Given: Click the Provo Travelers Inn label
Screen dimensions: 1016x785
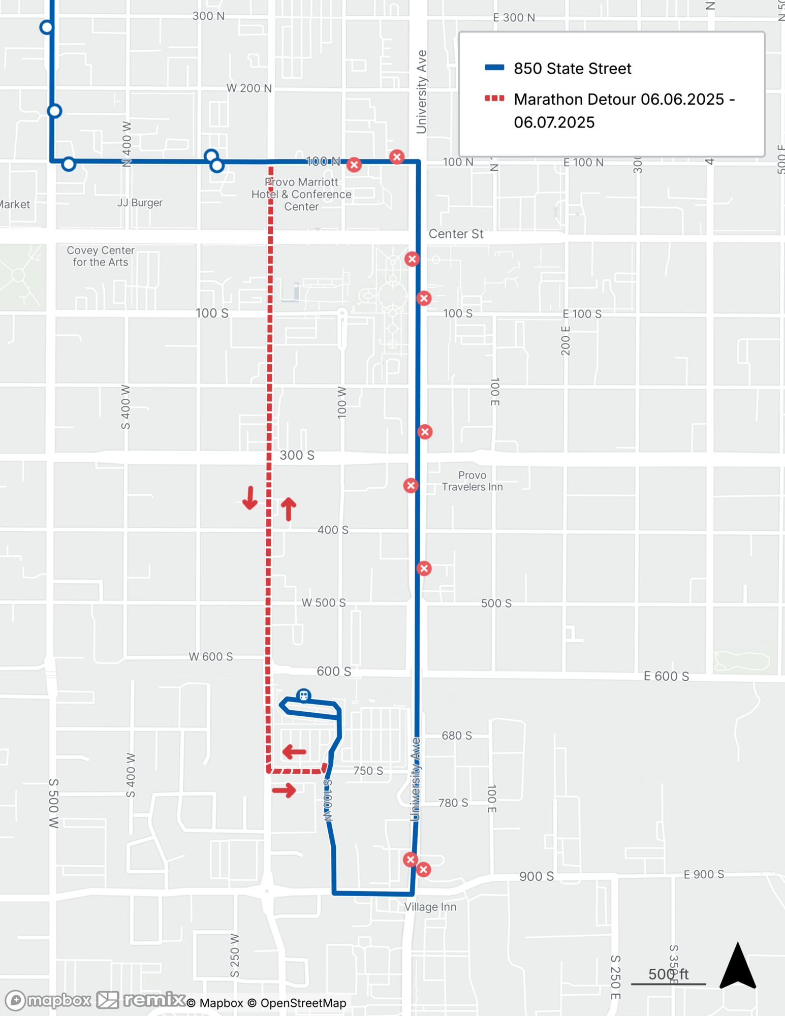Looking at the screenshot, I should click(x=472, y=481).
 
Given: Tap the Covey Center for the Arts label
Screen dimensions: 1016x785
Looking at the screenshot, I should click(x=101, y=256).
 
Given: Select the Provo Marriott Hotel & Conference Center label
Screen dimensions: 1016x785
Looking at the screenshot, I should click(x=301, y=194).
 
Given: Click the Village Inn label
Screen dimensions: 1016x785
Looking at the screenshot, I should click(x=430, y=907).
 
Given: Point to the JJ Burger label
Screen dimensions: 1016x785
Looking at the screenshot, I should click(x=140, y=203).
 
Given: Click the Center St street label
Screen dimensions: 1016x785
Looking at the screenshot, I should click(x=456, y=234).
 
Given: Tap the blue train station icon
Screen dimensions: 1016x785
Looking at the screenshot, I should click(x=303, y=695).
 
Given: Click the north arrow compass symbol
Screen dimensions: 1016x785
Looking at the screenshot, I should click(x=738, y=966).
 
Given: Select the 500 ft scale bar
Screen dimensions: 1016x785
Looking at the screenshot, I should click(x=668, y=977).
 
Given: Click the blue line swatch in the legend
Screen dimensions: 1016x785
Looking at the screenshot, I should click(x=494, y=68).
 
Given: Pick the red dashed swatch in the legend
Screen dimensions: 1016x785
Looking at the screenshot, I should click(x=494, y=99).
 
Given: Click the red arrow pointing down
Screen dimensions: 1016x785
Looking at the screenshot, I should click(x=249, y=498).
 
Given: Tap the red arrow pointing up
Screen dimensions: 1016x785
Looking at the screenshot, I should click(x=289, y=509).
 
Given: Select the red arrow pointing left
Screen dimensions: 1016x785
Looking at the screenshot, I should click(x=295, y=751).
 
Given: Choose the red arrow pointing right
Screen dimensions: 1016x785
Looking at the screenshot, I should click(x=284, y=790).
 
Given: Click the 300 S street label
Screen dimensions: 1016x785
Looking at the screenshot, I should click(x=297, y=455).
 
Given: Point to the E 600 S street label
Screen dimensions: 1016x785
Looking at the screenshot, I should click(x=666, y=676).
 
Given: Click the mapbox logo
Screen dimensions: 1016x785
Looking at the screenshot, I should click(x=48, y=1000).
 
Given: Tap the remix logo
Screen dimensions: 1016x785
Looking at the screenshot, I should click(x=141, y=1000).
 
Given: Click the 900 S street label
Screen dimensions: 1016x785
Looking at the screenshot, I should click(x=536, y=876).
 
